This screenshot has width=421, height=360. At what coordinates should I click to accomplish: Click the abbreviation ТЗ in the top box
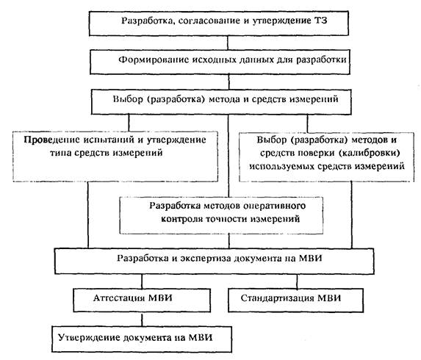pyautogui.click(x=320, y=21)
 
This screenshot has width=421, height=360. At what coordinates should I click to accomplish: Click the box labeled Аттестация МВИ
pyautogui.click(x=142, y=300)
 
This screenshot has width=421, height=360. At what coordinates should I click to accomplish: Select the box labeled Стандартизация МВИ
pyautogui.click(x=295, y=300)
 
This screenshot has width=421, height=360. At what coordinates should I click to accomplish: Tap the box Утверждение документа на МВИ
pyautogui.click(x=142, y=339)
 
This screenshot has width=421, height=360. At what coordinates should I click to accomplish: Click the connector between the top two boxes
pyautogui.click(x=228, y=43)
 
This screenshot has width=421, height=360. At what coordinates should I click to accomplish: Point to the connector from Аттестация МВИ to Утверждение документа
pyautogui.click(x=142, y=319)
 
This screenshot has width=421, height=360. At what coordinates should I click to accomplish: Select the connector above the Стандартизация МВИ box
pyautogui.click(x=297, y=281)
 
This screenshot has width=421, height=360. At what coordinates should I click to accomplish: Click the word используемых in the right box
pyautogui.click(x=281, y=167)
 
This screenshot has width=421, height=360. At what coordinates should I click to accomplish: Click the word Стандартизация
pyautogui.click(x=277, y=298)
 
